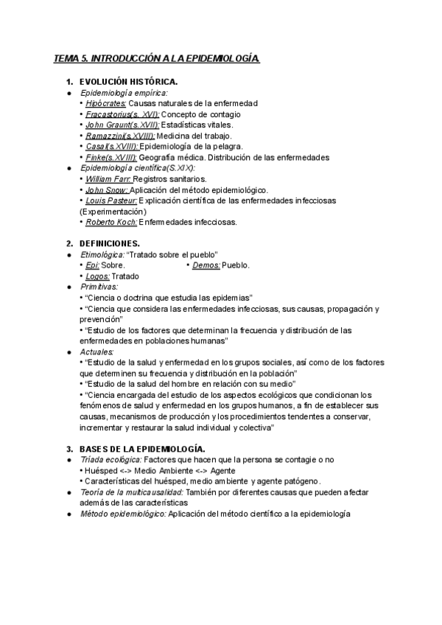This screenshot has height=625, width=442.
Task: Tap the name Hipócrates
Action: (105, 104)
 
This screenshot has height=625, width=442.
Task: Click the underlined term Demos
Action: (206, 265)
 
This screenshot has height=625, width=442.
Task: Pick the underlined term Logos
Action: (97, 276)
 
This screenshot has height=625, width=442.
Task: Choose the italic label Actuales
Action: (95, 352)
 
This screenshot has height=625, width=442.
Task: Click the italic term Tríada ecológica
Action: (110, 460)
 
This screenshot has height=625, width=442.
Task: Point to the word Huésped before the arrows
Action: (102, 470)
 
